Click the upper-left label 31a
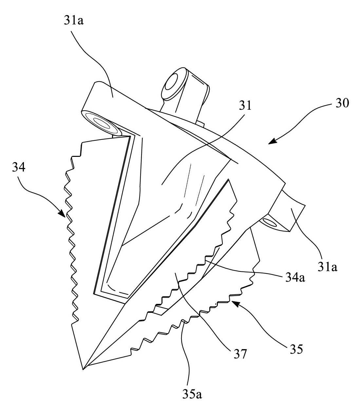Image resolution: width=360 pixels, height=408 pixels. click(x=73, y=21)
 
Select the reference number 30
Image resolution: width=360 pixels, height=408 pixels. click(x=342, y=103)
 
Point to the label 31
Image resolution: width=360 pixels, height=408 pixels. click(x=245, y=105)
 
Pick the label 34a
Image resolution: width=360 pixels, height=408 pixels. click(x=295, y=277)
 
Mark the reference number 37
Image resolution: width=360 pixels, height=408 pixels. click(x=240, y=354)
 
